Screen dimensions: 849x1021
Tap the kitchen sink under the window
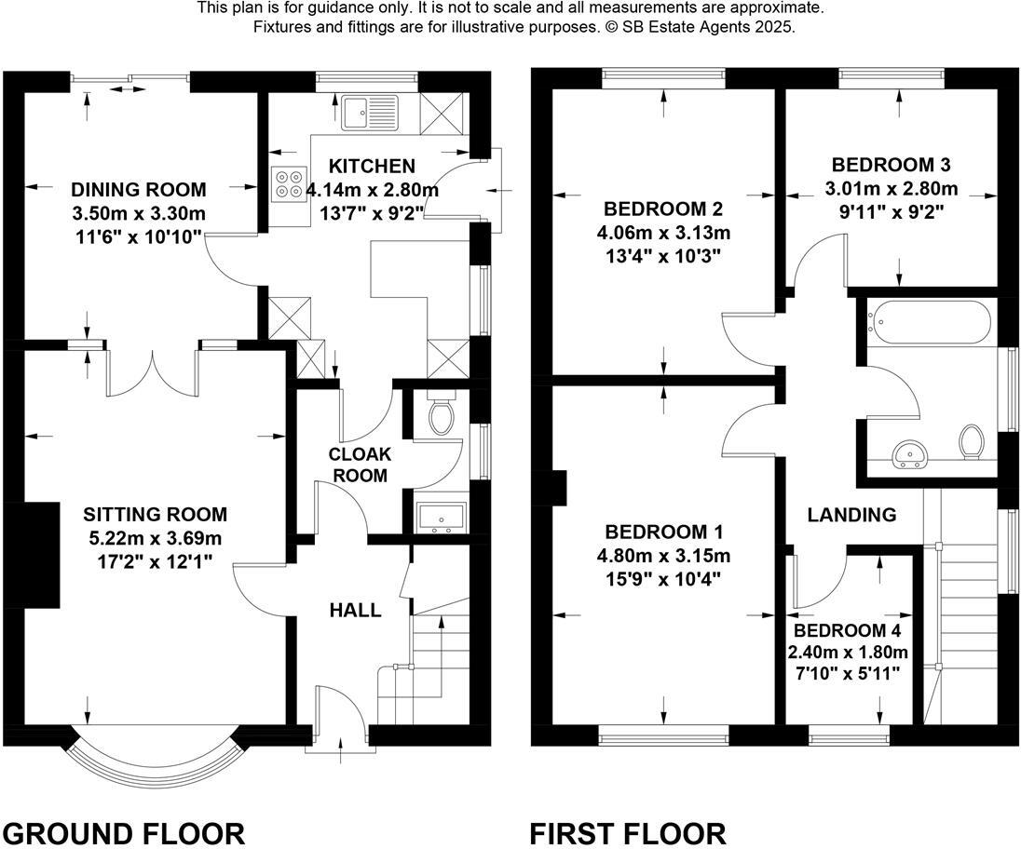click(369, 113)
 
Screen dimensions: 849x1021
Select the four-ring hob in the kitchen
click(289, 183)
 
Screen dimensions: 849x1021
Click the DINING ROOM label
click(139, 190)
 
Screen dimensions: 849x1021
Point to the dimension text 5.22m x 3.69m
click(155, 537)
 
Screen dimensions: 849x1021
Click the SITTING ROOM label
click(155, 514)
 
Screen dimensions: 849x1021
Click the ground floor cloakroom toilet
click(442, 415)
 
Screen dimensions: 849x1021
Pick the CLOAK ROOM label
click(360, 465)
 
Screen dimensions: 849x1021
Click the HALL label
click(355, 611)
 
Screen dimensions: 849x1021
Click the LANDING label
click(851, 514)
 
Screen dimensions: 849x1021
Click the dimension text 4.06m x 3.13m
click(663, 231)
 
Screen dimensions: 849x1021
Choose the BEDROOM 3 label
click(891, 165)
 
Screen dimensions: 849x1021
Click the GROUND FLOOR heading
click(124, 831)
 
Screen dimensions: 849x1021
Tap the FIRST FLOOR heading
click(628, 831)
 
